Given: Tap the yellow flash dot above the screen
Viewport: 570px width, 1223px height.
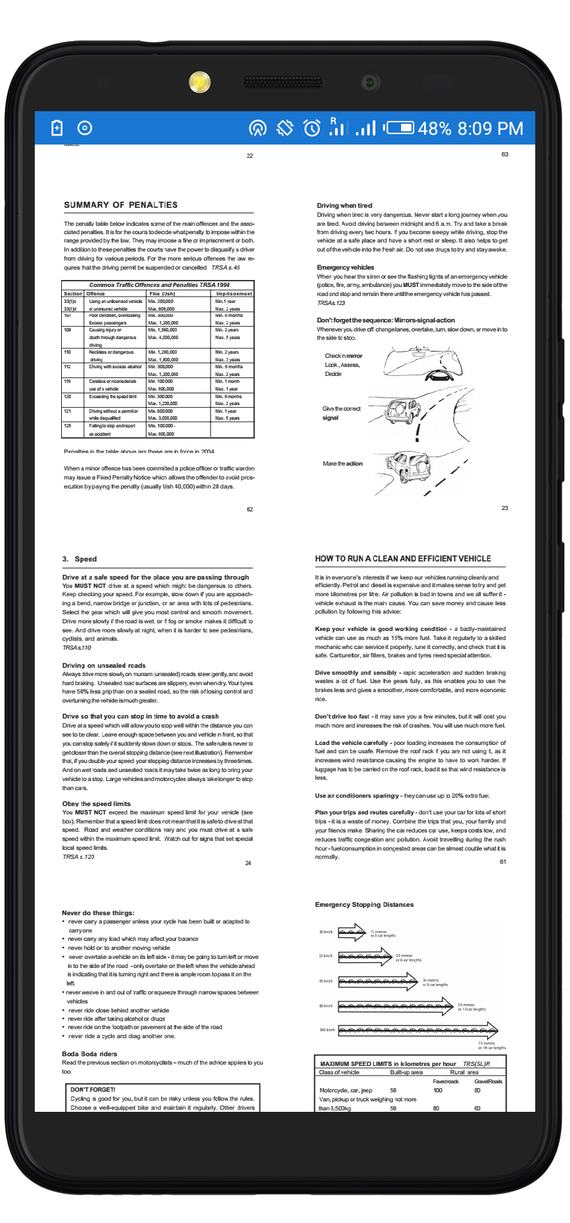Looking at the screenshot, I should pos(199,82).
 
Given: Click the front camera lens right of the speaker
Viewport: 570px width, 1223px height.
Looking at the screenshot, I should pos(370,82).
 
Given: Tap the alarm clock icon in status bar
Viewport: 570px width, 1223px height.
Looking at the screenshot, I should pos(312,128).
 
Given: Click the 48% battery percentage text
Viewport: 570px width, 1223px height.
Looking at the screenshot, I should pos(434,129).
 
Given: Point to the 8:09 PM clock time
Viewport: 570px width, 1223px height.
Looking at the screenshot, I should pos(491,129).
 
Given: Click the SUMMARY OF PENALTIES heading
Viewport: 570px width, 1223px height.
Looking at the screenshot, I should pos(120,205).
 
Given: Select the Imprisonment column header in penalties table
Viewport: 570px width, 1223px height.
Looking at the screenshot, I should pos(234,293).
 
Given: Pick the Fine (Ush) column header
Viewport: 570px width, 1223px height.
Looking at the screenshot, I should pos(163,293).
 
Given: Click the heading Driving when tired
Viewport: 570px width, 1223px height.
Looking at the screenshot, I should pos(344,206).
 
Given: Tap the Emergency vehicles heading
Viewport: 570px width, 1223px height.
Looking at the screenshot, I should pos(345,268).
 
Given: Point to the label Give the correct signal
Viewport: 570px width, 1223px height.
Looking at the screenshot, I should pos(341,413).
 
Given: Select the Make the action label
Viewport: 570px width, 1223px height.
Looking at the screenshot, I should pos(343,463).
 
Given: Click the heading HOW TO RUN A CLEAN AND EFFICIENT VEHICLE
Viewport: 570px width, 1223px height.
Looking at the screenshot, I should pos(403,559).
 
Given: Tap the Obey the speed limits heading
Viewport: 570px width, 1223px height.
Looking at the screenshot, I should pos(97,804).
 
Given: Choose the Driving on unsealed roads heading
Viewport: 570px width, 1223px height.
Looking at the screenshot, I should pos(104,666).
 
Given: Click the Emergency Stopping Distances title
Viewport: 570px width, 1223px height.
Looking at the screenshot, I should pos(364,905).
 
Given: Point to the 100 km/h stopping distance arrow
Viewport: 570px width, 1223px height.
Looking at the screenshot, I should pos(418,1030).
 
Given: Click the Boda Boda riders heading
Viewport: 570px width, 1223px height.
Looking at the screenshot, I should pos(90,1054).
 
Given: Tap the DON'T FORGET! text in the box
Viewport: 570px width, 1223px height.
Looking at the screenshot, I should pos(93,1090).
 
